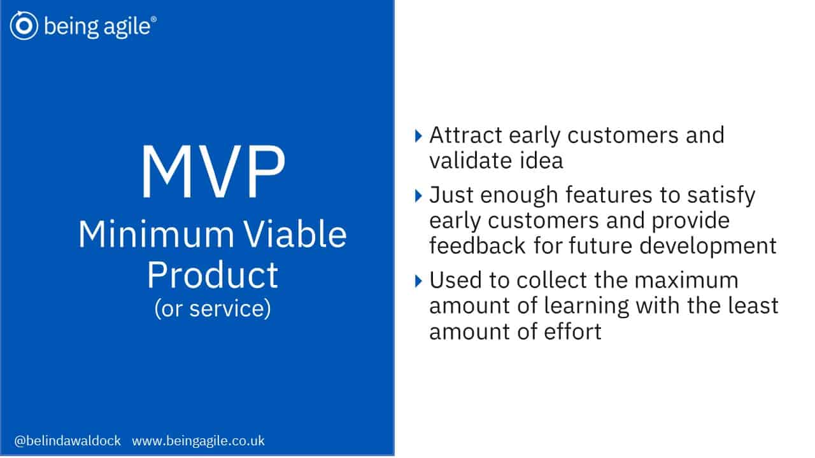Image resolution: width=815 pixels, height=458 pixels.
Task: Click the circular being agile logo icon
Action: point(24,25)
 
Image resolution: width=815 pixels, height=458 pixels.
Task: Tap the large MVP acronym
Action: point(213,172)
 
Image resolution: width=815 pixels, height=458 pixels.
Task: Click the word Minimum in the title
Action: point(156,235)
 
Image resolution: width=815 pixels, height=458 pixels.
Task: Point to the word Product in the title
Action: point(213,275)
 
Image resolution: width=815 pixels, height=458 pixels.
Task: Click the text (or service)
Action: point(213,309)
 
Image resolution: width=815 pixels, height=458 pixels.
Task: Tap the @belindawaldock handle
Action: point(67,441)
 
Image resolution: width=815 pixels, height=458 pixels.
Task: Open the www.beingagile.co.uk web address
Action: point(198,441)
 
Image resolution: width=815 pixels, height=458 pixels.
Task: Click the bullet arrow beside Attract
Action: point(418,136)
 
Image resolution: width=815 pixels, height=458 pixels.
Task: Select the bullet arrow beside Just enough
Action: point(418,196)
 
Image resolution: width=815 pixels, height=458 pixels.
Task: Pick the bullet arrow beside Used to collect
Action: point(418,281)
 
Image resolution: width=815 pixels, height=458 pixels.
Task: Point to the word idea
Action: point(541,161)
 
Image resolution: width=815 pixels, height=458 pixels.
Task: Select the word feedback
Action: point(478,246)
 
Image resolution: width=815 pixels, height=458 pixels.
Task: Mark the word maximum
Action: point(686,281)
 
